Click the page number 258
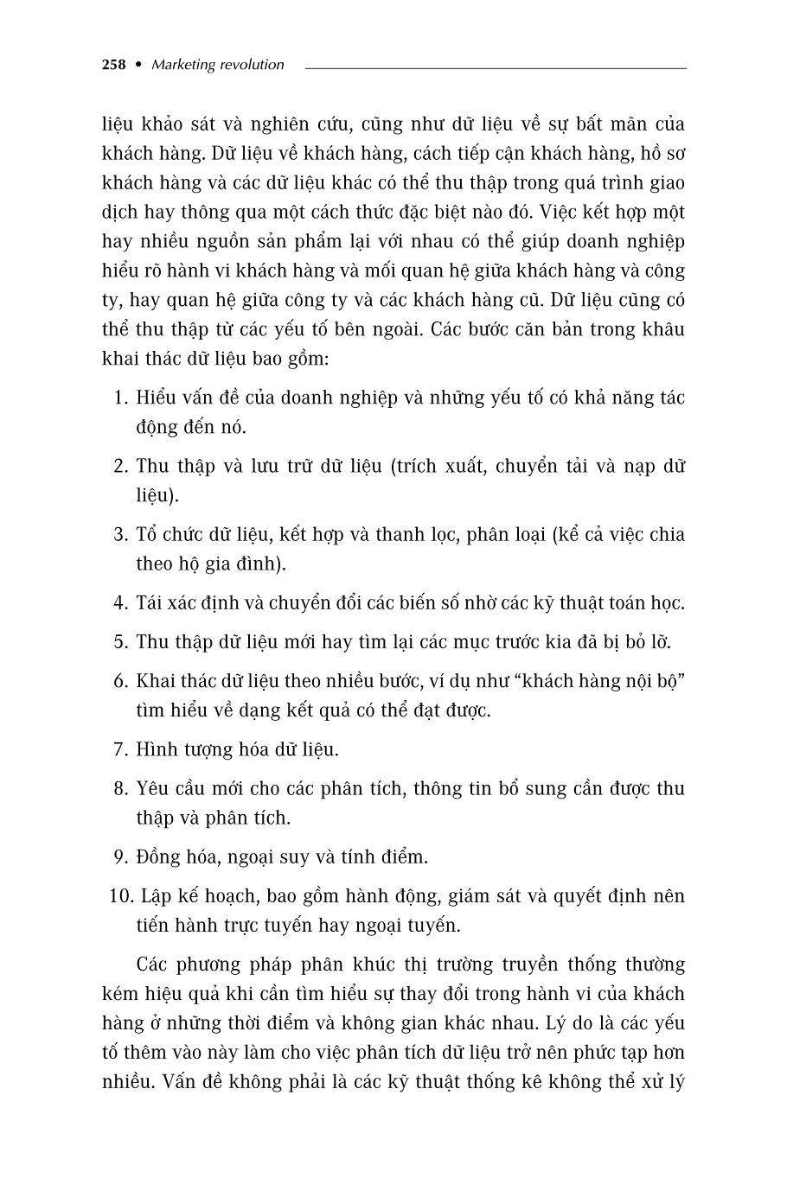point(114,64)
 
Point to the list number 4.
point(120,602)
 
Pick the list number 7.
point(120,749)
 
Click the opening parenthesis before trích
point(393,467)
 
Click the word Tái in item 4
point(150,602)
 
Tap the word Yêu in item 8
point(153,788)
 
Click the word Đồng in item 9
point(159,856)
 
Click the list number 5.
point(120,641)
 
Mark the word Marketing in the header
point(181,64)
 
